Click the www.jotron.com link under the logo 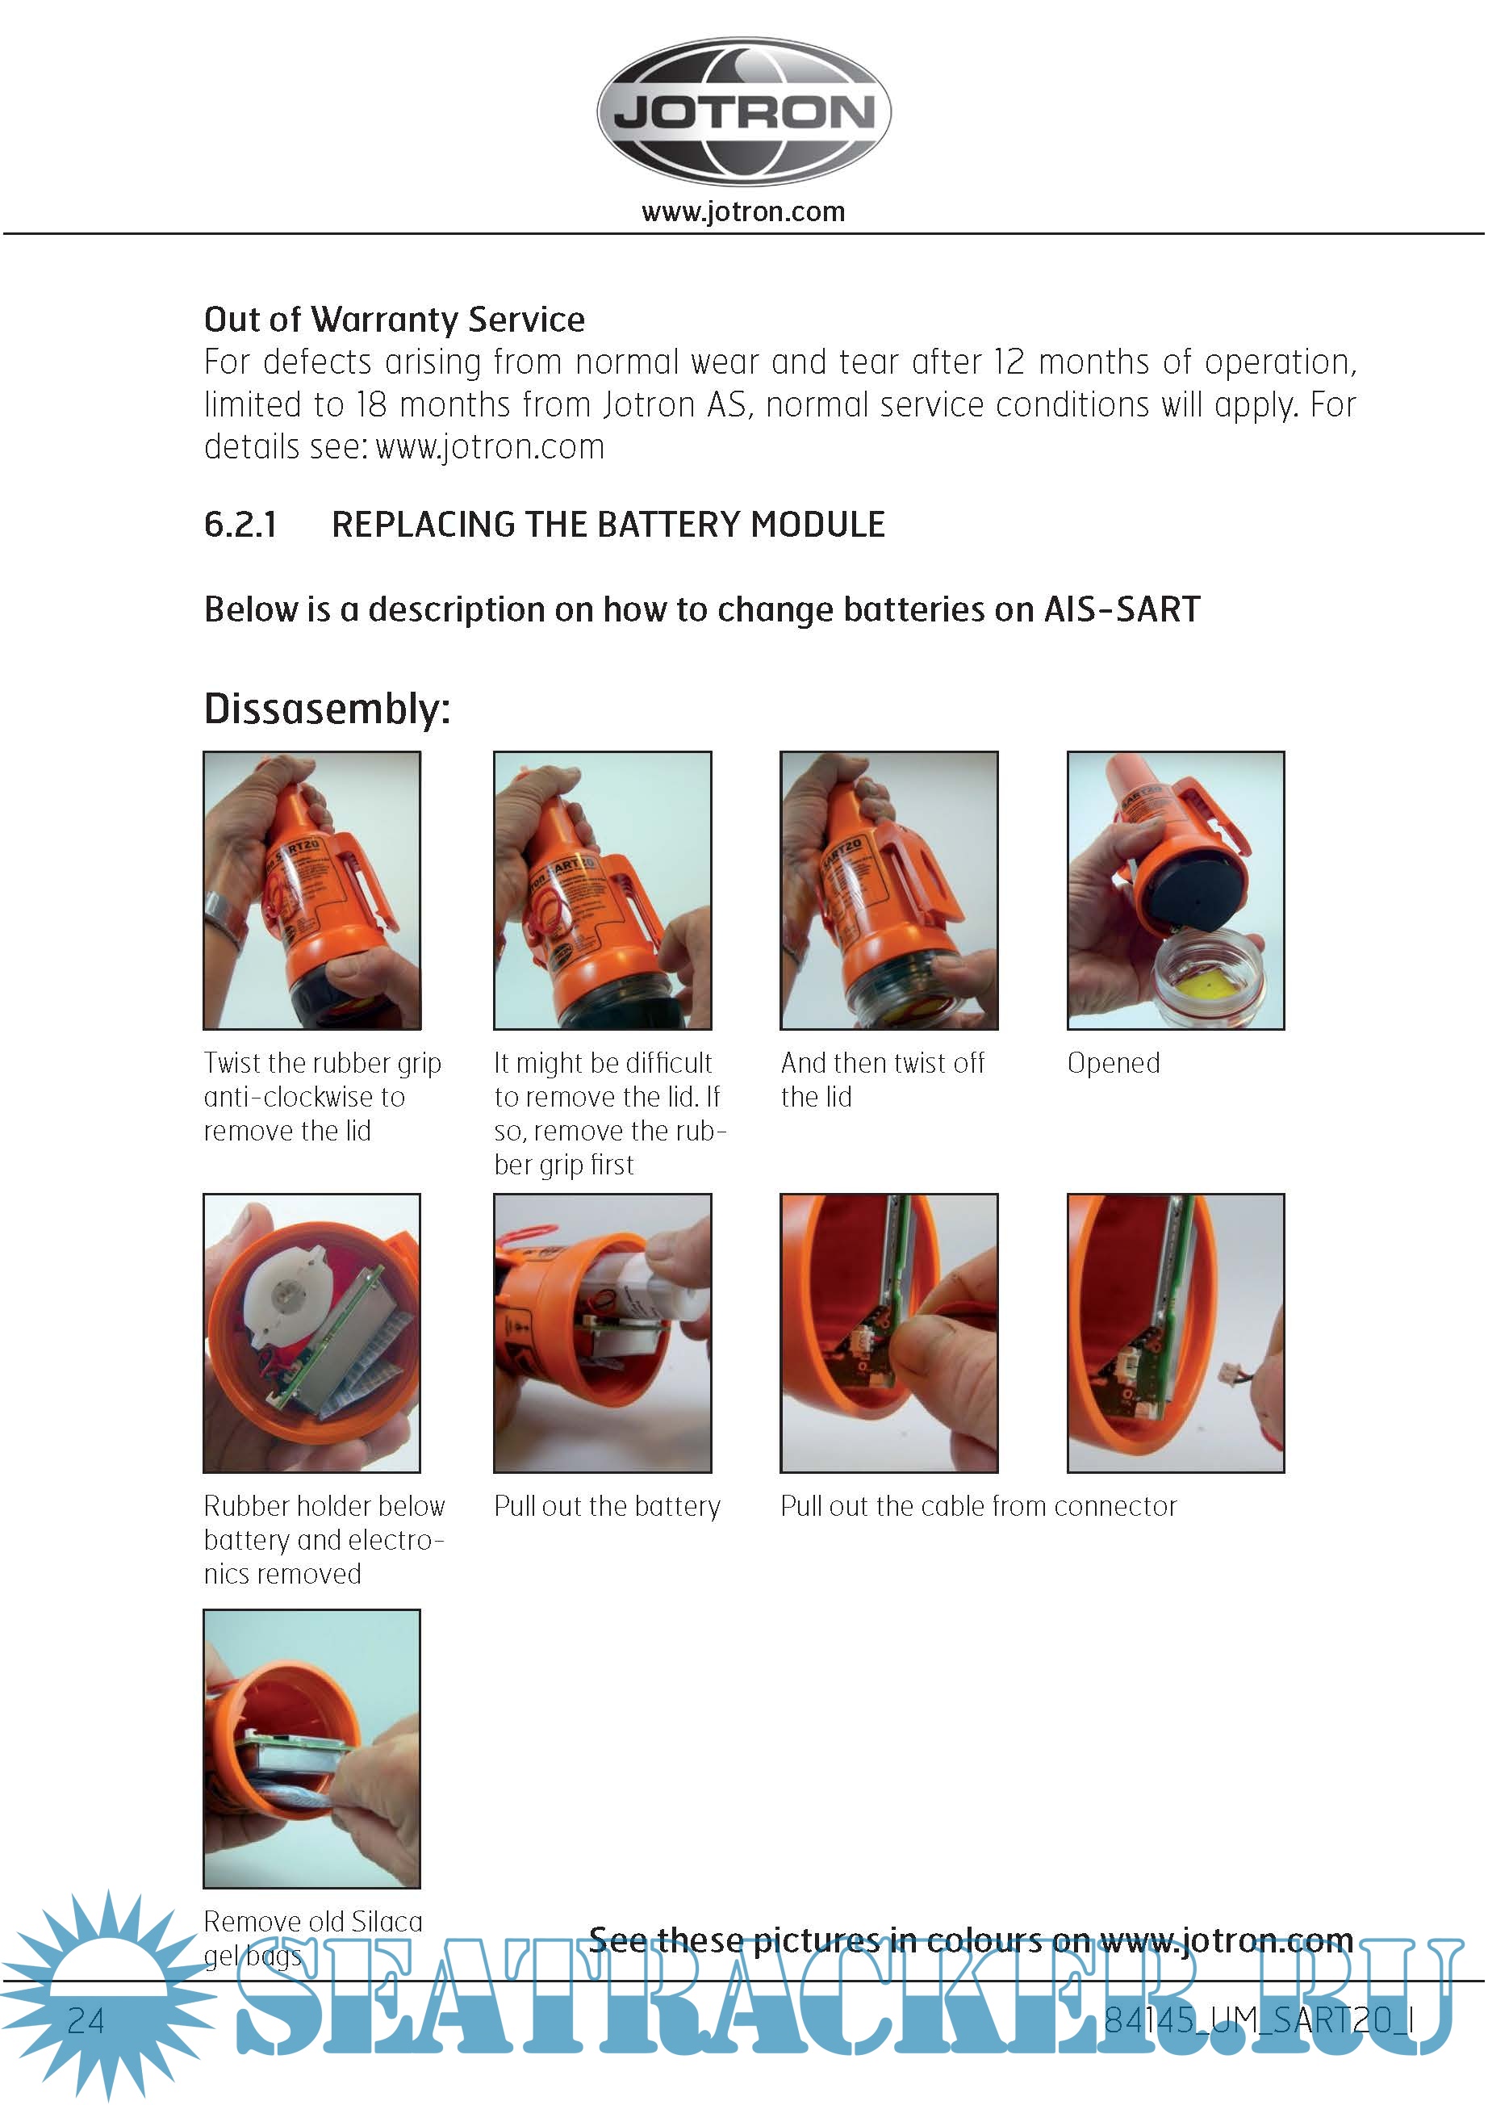click(x=743, y=211)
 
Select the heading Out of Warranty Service click(x=395, y=319)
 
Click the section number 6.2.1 click(x=240, y=525)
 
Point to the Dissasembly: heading click(x=328, y=709)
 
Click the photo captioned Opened click(x=1176, y=890)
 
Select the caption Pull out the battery click(x=607, y=1505)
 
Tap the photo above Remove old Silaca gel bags click(x=311, y=1747)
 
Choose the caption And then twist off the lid click(x=882, y=1079)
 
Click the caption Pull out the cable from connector click(x=978, y=1505)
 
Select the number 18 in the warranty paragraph click(x=371, y=404)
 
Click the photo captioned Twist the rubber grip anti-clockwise click(x=311, y=890)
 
